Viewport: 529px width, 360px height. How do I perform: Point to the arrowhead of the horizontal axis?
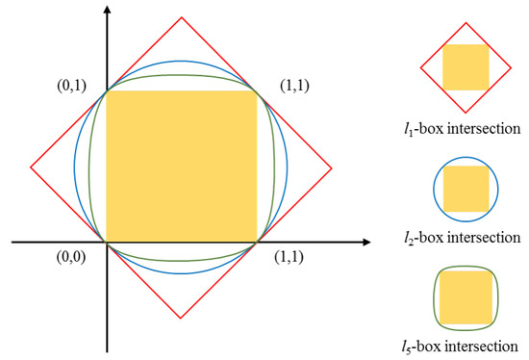coord(370,242)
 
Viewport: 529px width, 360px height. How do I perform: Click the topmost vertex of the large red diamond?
coord(182,15)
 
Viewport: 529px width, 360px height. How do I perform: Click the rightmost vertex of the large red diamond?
coord(333,167)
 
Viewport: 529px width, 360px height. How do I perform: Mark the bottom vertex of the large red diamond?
coord(181,319)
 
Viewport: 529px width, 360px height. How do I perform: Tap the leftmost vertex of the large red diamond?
coord(31,167)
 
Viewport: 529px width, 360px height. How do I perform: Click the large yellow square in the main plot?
coord(181,166)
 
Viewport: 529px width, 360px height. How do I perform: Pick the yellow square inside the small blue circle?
coord(466,188)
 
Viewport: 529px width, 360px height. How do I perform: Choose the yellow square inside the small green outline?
coord(466,296)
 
